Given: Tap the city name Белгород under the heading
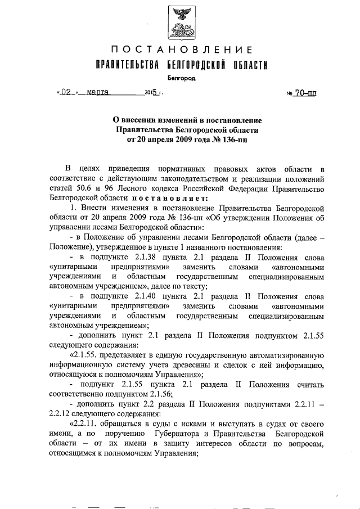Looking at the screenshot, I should [x=181, y=78].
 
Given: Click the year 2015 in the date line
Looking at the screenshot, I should [x=150, y=93].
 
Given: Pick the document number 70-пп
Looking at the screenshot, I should [x=305, y=93].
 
